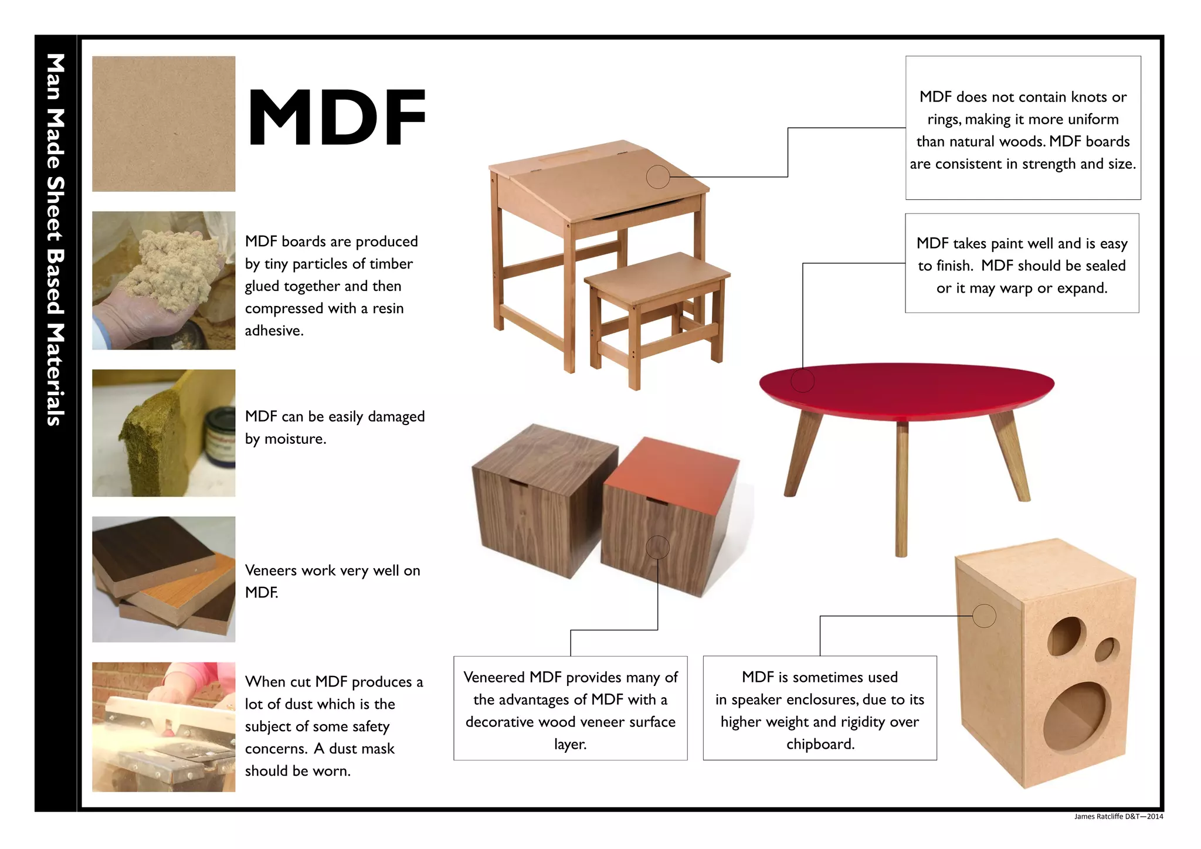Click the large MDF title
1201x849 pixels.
(337, 117)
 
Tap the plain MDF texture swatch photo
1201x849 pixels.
(164, 124)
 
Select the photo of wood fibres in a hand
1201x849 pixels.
(164, 280)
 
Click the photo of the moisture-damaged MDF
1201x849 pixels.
(164, 433)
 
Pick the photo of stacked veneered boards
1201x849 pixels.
(164, 579)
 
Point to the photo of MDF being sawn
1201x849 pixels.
(164, 727)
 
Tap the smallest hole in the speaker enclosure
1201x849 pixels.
(1106, 650)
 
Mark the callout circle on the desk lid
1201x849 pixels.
(658, 176)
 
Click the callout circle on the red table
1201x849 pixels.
(803, 381)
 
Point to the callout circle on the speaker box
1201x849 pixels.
(984, 616)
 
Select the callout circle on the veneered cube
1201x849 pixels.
(657, 547)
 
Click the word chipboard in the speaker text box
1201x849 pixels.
(820, 744)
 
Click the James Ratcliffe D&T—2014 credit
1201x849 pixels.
(1118, 816)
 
